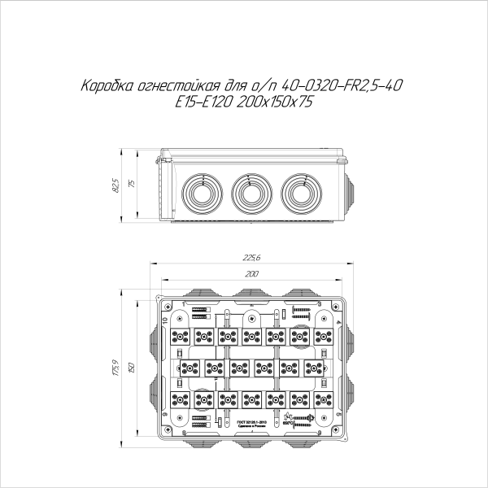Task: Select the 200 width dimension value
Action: pos(251,274)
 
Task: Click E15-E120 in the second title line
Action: pos(202,102)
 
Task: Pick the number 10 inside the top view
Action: pos(166,322)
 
